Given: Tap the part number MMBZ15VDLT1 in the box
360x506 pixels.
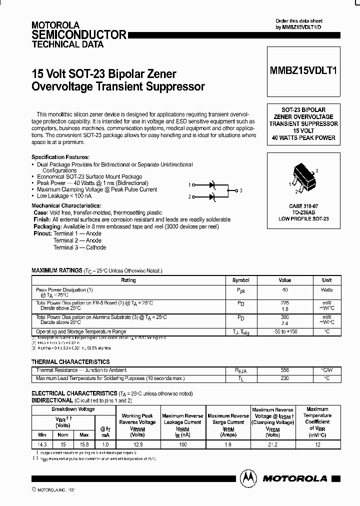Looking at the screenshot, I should (303, 71).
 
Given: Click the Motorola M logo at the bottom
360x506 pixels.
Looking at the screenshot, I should (246, 478).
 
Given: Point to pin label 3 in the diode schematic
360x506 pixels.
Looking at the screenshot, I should (240, 190).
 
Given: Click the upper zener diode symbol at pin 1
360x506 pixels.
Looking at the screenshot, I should (212, 184).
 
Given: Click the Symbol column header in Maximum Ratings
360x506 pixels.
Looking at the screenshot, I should (241, 280).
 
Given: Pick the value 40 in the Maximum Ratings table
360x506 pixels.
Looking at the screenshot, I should (284, 290).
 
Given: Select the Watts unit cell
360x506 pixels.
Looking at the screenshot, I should (326, 290).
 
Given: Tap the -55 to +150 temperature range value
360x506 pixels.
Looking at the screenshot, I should (284, 331).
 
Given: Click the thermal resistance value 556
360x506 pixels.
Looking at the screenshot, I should (284, 370).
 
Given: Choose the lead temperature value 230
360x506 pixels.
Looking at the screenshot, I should (284, 378).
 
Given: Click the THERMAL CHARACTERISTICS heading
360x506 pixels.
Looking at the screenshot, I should (70, 361).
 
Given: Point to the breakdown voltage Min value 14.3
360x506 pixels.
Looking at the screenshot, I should (42, 443).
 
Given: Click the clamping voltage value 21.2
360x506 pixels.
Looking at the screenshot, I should (272, 443).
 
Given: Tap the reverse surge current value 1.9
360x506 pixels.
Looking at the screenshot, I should (228, 443).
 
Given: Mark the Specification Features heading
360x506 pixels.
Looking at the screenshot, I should (60, 157).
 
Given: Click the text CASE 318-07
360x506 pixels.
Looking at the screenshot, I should (303, 205).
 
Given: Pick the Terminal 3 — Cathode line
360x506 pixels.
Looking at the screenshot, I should (79, 247).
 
